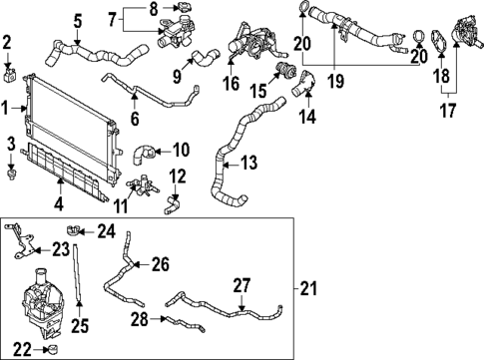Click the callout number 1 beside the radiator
[x=6, y=106]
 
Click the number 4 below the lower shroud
[x=59, y=204]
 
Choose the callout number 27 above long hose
[x=240, y=284]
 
